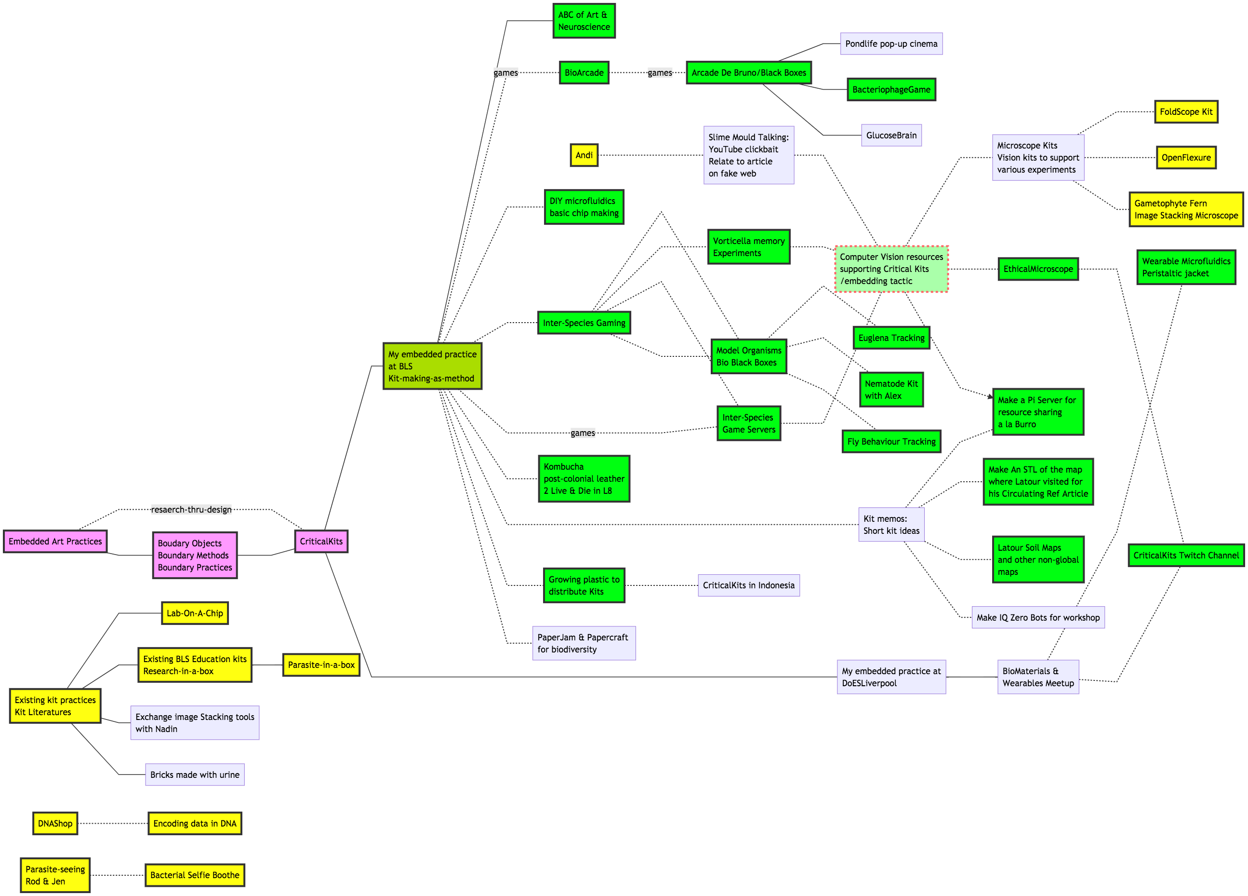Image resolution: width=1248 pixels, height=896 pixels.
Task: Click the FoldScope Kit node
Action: (1186, 112)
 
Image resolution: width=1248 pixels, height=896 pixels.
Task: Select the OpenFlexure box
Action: (1186, 158)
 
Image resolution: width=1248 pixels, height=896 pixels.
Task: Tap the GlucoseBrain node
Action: (891, 136)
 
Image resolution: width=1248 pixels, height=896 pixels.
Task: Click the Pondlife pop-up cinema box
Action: (891, 44)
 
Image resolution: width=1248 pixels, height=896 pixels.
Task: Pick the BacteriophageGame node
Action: (891, 90)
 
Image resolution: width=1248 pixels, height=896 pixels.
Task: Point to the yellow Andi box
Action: (584, 155)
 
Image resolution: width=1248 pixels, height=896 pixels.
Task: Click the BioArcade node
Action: (584, 73)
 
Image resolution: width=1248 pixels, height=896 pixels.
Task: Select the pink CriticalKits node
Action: (321, 542)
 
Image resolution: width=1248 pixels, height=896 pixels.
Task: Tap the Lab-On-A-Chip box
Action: (195, 613)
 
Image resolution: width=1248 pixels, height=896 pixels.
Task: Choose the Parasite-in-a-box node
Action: (321, 665)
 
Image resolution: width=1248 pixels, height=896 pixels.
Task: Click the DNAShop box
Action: (55, 823)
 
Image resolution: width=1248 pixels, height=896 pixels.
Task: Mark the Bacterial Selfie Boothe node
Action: (195, 875)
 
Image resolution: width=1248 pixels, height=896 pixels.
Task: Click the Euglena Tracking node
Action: (891, 338)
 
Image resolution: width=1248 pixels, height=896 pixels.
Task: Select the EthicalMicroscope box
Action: (1038, 269)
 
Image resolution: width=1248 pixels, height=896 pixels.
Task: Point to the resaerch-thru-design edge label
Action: (191, 509)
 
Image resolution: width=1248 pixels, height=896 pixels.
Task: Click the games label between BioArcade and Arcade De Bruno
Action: (660, 73)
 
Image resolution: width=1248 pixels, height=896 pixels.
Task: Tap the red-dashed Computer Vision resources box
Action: (891, 269)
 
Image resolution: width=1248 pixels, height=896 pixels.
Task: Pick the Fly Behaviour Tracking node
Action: (891, 442)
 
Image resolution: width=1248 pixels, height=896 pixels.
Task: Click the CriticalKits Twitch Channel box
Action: (1186, 556)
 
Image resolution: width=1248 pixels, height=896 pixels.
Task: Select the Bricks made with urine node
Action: (195, 775)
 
